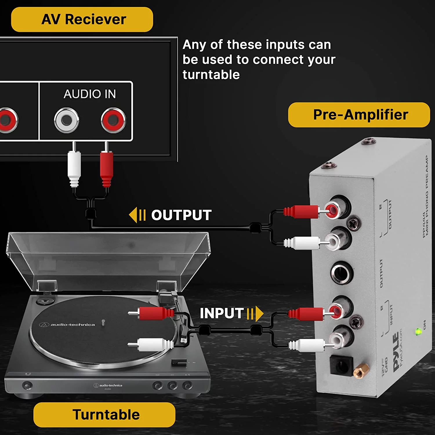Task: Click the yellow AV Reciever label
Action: [82, 19]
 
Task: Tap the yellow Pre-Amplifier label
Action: [359, 115]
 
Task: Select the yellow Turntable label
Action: [104, 414]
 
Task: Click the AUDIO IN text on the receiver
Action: [90, 94]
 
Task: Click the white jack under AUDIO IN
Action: [67, 120]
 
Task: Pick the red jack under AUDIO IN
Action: [113, 120]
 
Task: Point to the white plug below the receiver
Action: [74, 167]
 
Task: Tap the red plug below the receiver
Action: [106, 167]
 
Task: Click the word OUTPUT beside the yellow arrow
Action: [181, 215]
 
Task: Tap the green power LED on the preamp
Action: [418, 331]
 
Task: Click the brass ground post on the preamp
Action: [361, 371]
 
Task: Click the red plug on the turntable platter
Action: [154, 313]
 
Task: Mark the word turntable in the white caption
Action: [211, 75]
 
